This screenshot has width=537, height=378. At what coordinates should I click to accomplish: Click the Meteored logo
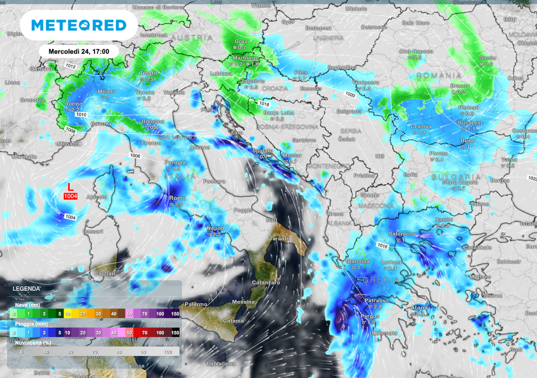[79, 25]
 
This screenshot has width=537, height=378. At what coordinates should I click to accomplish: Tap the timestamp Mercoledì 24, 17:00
[79, 51]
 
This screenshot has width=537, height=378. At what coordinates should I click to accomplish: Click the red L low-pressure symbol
[70, 186]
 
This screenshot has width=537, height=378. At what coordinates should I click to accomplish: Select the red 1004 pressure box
[70, 196]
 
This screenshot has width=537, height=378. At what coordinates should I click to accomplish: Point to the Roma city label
[175, 198]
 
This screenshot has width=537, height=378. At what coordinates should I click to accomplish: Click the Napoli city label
[216, 228]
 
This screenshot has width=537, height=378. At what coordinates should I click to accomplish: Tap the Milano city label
[107, 92]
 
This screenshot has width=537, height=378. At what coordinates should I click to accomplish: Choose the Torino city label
[74, 104]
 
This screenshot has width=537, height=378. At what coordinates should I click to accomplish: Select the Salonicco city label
[402, 234]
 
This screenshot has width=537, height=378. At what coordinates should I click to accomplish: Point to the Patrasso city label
[377, 300]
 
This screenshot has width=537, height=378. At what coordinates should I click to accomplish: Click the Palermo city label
[196, 304]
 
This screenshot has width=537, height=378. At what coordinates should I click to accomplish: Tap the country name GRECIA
[377, 280]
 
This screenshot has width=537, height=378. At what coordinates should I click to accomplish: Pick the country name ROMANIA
[439, 76]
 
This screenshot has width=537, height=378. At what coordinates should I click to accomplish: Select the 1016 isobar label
[382, 246]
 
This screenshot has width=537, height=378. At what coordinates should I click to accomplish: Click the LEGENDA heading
[26, 289]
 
